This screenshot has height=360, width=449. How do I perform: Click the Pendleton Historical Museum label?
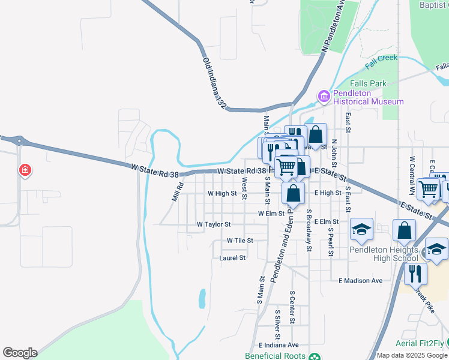369,97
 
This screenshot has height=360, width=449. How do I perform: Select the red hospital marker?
25,170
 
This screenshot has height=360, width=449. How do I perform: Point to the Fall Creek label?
380,58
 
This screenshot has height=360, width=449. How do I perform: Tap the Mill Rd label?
176,193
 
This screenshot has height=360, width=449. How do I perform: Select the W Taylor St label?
214,224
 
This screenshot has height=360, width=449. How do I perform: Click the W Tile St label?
240,240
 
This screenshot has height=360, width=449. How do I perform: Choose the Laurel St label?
233,258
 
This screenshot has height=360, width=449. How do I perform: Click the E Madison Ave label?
360,281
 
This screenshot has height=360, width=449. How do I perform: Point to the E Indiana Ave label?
279,345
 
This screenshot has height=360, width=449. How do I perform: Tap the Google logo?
20,353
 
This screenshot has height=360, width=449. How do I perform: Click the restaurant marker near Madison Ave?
415,274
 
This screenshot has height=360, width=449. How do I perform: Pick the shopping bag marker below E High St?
293,193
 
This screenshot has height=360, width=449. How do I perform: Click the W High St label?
222,194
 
